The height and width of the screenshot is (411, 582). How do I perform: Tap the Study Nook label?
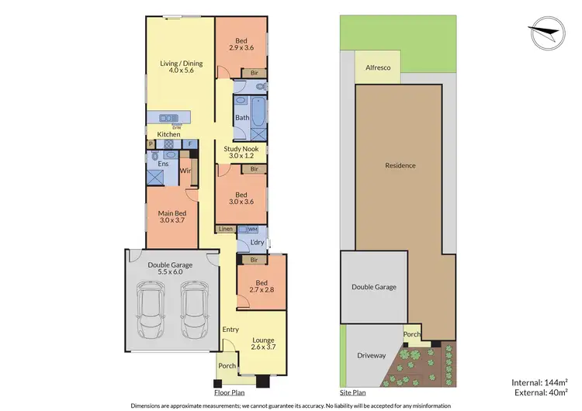coord(241,152)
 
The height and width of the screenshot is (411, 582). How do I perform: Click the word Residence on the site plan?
coord(400,165)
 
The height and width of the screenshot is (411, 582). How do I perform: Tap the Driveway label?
coord(371,356)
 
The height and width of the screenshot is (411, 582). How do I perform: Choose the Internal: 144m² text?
coord(540,381)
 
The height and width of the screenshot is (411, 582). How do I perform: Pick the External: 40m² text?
coord(540,392)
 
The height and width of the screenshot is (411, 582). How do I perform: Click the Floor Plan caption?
coord(230,393)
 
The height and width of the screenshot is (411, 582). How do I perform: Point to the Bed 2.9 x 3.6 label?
coord(241,43)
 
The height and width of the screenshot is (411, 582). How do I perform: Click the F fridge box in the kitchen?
coord(189,143)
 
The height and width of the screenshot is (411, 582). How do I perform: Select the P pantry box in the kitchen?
coord(151,143)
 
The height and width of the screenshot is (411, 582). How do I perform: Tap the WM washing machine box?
coord(251,230)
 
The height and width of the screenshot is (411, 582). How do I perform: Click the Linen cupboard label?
coord(226,230)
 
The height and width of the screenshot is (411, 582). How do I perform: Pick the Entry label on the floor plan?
coord(230,330)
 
